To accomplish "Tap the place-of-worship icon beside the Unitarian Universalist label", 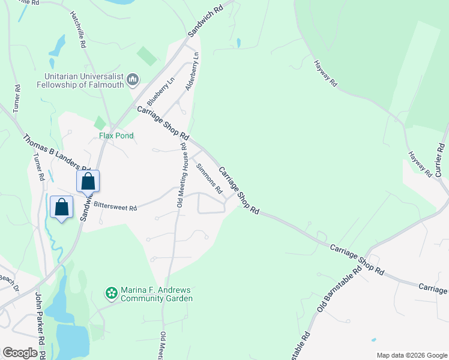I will coord(133,79).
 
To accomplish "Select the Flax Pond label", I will coord(116,136).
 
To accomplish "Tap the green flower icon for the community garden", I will coord(110,293).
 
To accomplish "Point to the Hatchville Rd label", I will coord(79,29).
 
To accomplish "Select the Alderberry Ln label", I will coord(192,71).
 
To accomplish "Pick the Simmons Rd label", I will coord(209,178).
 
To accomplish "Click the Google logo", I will coord(20,353).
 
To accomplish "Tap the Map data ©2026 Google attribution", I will coord(411,355).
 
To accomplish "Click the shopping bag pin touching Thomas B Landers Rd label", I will coord(88,181).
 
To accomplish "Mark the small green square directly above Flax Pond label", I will coord(100,123).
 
